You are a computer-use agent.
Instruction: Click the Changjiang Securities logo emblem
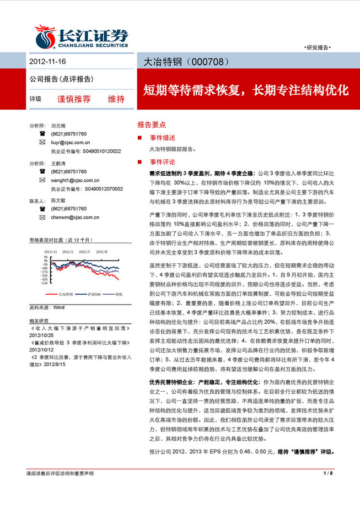click(x=44, y=35)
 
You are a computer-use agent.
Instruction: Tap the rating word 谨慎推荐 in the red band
click(x=74, y=99)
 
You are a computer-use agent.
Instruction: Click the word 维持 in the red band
click(x=116, y=99)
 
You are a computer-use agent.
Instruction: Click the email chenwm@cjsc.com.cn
click(x=75, y=217)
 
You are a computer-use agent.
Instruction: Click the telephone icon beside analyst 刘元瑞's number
click(x=42, y=134)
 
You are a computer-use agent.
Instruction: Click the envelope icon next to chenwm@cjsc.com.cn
click(x=42, y=217)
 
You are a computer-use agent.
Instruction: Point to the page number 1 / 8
click(x=327, y=473)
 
